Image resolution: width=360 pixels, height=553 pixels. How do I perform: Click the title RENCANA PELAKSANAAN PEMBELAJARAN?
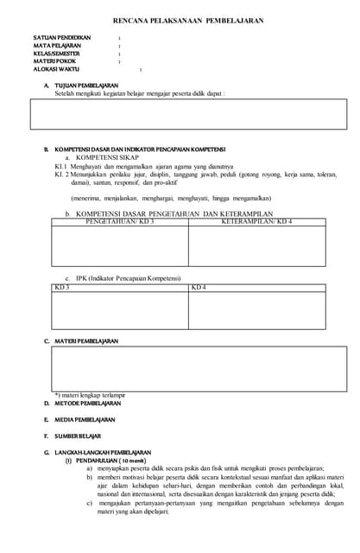[188, 20]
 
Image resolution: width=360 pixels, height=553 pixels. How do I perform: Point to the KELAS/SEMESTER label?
[57, 54]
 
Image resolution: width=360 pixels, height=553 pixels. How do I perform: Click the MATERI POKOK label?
[55, 62]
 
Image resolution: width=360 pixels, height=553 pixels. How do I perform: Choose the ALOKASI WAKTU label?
[57, 70]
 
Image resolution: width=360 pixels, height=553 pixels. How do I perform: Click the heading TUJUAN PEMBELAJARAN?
[86, 86]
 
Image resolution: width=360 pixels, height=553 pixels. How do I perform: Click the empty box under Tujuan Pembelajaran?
[188, 120]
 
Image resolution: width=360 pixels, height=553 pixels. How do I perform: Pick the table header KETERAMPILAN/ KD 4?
[256, 222]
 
